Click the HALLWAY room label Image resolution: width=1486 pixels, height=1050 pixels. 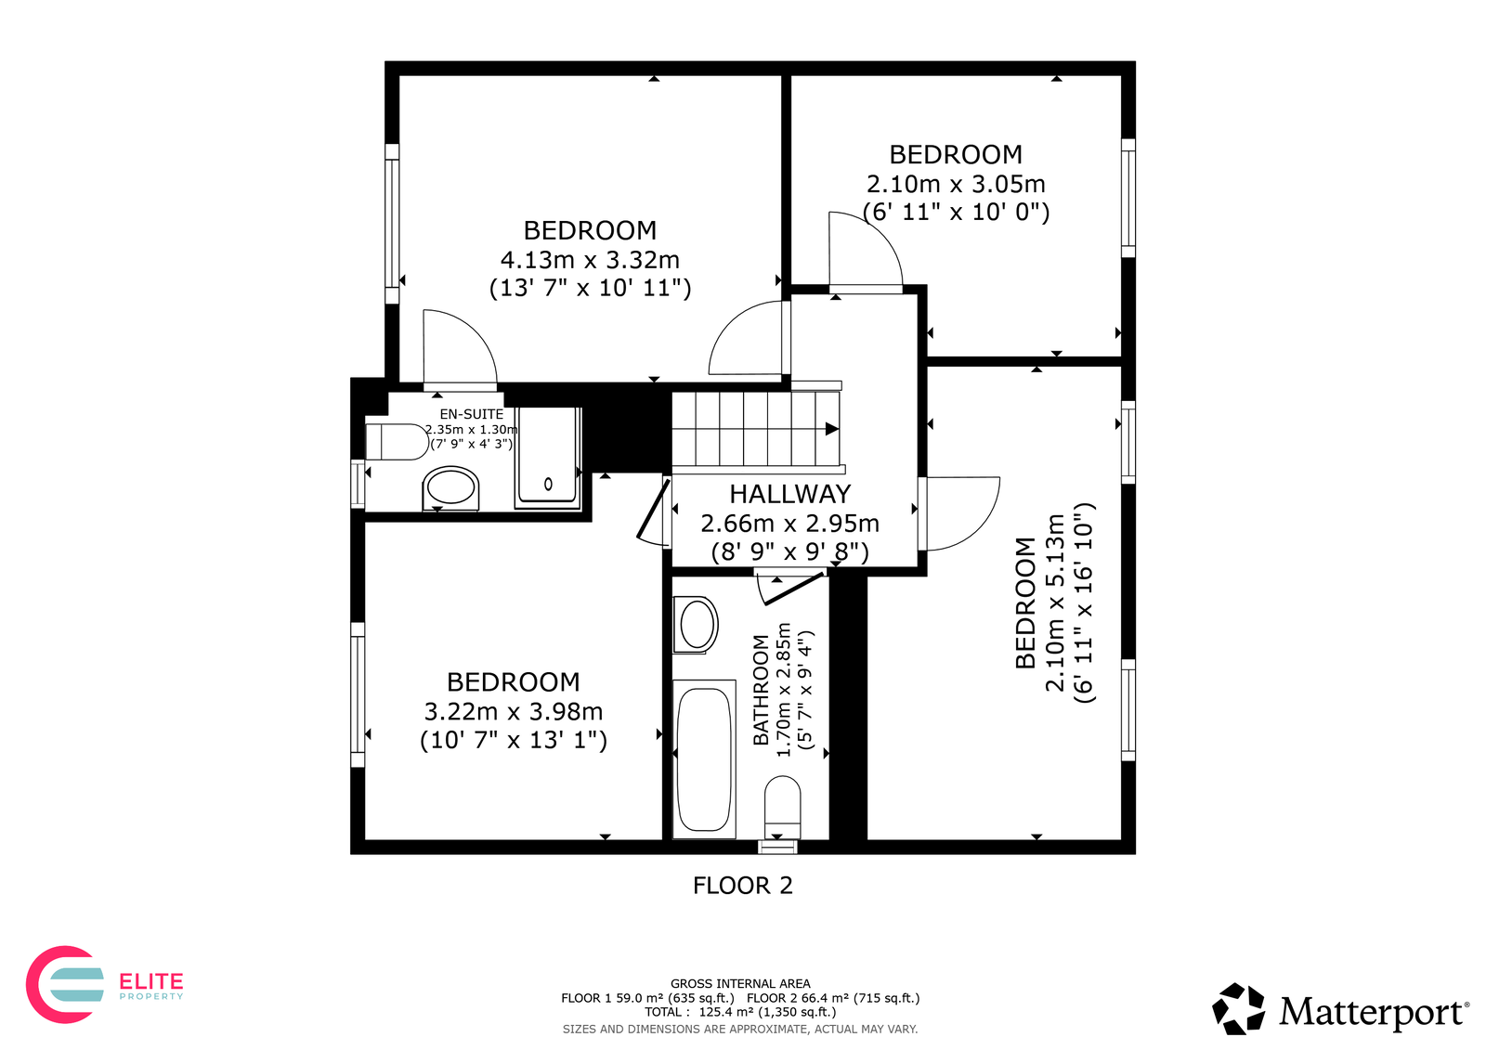point(789,494)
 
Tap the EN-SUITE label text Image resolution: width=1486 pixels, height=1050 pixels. point(471,415)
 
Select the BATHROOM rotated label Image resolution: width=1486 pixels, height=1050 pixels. point(761,691)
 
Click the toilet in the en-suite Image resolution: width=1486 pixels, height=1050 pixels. point(397,442)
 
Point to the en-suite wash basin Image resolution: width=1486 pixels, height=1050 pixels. point(450,489)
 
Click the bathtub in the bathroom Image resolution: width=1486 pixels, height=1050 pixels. point(704,759)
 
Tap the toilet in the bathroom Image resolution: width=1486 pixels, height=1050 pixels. point(783,808)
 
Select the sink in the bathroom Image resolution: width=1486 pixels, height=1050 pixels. point(696,625)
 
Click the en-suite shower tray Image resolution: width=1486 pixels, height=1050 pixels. point(548,458)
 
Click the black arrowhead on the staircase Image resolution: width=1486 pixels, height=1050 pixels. point(832,429)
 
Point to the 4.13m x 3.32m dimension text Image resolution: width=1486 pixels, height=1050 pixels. point(590,259)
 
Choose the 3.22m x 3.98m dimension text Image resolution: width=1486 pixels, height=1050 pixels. point(514,712)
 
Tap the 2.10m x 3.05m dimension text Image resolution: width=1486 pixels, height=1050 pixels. point(956,184)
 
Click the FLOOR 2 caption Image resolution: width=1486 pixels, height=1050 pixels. point(743,886)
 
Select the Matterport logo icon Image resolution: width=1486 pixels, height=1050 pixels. point(1238,1009)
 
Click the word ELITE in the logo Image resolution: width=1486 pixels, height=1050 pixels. point(150,981)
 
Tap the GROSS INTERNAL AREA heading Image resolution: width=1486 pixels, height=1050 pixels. point(740,984)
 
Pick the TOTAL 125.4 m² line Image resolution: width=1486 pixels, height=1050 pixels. point(740,1012)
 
